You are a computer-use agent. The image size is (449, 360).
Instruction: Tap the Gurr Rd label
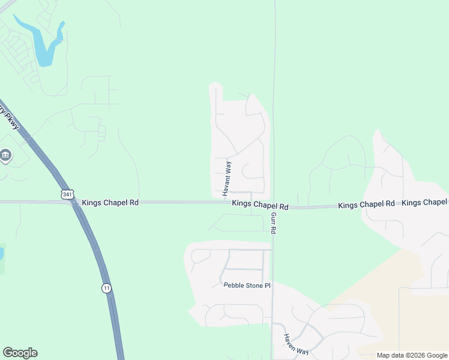(x=273, y=223)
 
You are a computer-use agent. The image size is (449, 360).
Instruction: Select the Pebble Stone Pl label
(x=247, y=286)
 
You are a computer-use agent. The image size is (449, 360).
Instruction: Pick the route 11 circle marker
(x=106, y=289)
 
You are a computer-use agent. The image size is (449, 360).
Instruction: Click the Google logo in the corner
(x=20, y=353)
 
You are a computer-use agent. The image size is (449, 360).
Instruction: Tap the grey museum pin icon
(x=5, y=156)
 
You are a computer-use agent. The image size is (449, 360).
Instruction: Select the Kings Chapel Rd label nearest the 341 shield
(x=110, y=203)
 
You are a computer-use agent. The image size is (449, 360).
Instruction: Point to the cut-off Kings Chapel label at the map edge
(x=424, y=203)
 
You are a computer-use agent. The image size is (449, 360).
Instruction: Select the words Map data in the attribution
(x=391, y=355)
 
